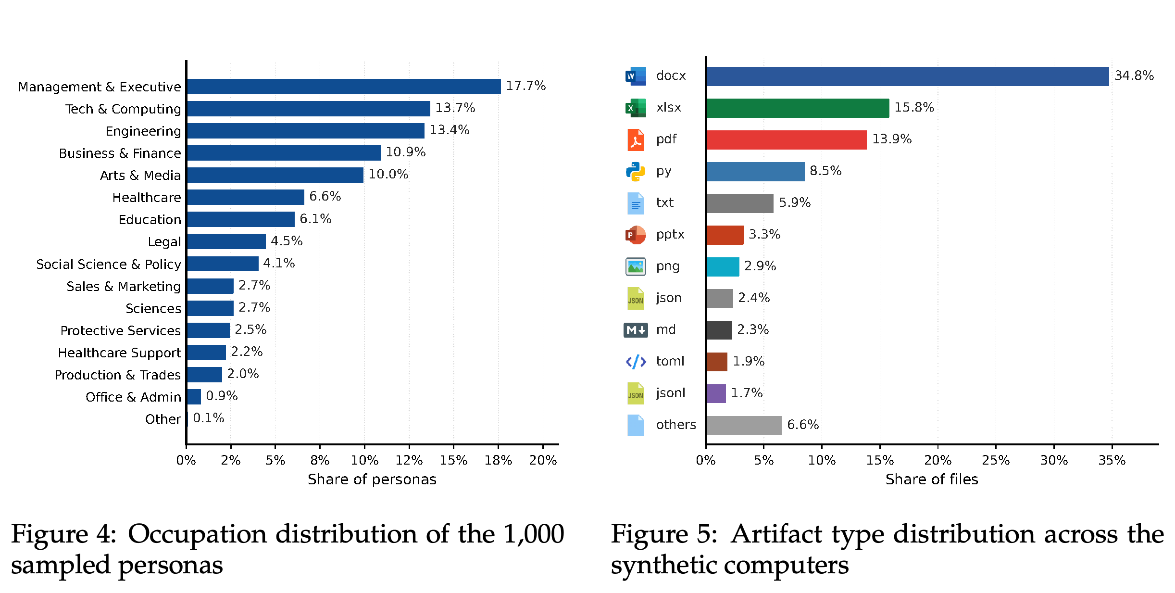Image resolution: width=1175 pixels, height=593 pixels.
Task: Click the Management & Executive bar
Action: tap(344, 87)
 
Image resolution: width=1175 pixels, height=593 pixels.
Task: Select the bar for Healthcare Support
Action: tap(206, 353)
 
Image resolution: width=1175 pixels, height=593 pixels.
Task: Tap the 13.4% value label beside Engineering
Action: tap(450, 130)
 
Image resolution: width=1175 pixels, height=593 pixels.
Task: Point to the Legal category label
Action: tap(164, 242)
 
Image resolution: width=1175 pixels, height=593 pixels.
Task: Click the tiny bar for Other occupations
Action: tap(187, 419)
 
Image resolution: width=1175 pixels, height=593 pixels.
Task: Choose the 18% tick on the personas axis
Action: tap(498, 460)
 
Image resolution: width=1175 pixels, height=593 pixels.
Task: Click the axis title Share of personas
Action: tap(372, 479)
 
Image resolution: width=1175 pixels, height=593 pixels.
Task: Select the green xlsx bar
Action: tap(798, 108)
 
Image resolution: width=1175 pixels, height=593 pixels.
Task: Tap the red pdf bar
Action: tap(787, 140)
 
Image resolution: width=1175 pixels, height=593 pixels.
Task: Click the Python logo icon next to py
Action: tap(636, 172)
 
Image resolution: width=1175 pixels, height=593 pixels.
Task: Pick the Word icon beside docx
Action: tap(636, 76)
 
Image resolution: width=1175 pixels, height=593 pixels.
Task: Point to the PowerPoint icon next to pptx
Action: tap(636, 235)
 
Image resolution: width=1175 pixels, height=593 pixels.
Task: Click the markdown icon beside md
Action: tap(636, 330)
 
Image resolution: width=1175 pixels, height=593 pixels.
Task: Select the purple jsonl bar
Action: tap(716, 394)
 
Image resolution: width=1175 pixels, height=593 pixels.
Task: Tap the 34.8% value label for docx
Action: tap(1134, 76)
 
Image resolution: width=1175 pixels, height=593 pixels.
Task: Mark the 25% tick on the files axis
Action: tap(996, 460)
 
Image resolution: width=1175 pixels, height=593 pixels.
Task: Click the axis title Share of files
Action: tap(932, 479)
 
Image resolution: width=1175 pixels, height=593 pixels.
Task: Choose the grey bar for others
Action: tap(744, 426)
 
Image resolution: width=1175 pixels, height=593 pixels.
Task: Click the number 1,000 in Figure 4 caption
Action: tap(534, 534)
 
